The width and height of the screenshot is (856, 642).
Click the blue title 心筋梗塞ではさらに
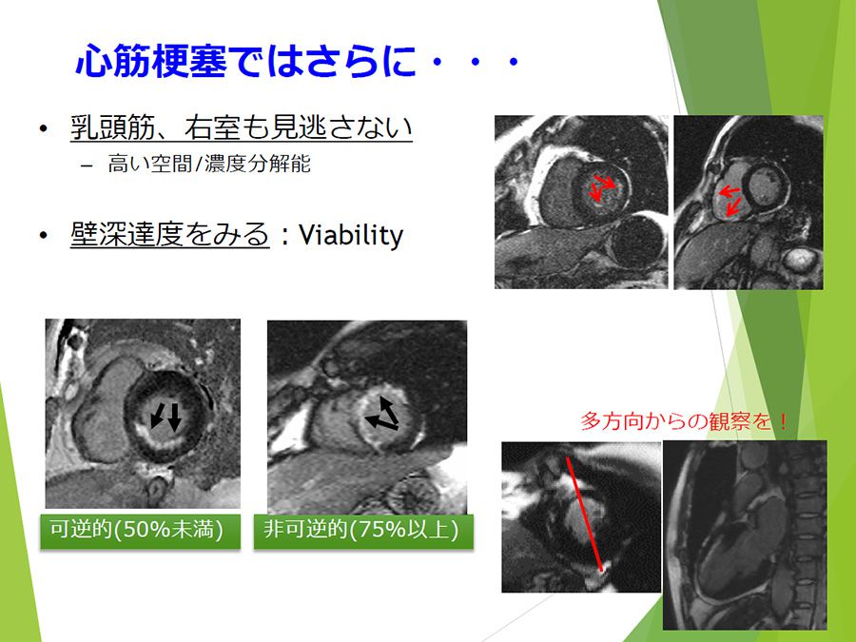[245, 60]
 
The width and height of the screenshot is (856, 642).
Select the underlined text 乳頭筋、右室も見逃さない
[242, 127]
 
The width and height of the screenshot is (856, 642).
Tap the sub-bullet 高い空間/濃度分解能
[209, 164]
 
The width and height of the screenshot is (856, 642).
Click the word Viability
[351, 235]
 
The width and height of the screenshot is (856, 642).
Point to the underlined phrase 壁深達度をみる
[170, 235]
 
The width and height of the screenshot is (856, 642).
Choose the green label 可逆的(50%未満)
[141, 531]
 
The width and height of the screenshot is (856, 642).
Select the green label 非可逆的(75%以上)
[363, 531]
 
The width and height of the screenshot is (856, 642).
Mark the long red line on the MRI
[585, 515]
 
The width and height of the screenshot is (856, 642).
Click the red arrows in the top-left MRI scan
[602, 187]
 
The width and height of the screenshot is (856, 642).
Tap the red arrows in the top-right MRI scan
[730, 200]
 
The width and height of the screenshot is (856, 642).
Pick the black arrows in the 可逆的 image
[165, 417]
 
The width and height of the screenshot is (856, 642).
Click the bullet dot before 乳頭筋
[44, 128]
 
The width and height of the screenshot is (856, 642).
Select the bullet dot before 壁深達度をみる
[44, 236]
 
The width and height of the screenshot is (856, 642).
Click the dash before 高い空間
[87, 165]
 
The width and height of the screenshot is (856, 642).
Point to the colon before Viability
[283, 237]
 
